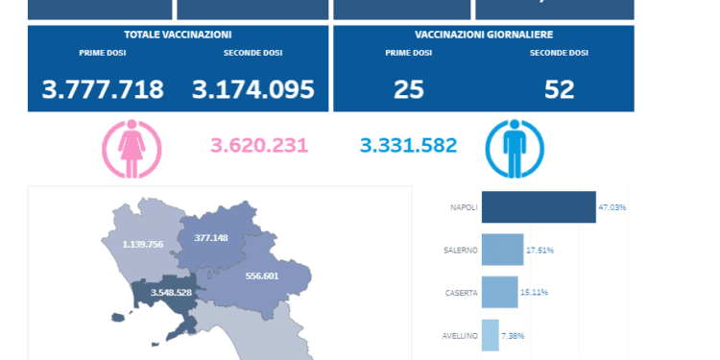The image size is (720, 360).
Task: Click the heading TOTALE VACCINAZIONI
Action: coord(179,35)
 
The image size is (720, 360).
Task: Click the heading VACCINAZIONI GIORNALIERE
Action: coord(483,35)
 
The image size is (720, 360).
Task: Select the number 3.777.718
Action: coord(103,89)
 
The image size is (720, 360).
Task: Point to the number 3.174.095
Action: coord(253,89)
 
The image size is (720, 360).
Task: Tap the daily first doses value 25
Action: coord(408,89)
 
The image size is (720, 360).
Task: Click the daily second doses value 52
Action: coord(559,89)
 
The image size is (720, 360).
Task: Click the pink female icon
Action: coord(132,147)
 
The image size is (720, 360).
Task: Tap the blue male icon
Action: coord(515,147)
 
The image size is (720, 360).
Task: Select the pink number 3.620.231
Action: coord(259,146)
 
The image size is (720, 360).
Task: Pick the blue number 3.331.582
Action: coord(409,146)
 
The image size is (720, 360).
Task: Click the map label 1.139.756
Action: coord(143,244)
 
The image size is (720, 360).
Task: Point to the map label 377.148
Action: coord(211,237)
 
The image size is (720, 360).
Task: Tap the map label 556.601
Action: coord(262,276)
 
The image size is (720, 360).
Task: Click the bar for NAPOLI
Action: coord(538,207)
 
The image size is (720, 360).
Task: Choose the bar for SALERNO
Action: coord(502,250)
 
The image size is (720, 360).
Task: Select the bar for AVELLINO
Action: coord(490,335)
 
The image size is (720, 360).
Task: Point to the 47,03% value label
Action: coord(612,207)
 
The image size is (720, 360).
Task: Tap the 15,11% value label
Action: coord(535,293)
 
